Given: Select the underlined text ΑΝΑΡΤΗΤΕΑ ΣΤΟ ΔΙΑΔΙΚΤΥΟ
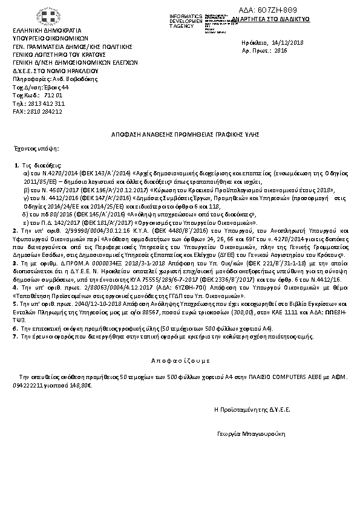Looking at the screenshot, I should (275, 19).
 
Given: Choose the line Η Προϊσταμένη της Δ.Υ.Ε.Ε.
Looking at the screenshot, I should (252, 409).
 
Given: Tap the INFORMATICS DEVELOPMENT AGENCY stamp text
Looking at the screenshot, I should (186, 19).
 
